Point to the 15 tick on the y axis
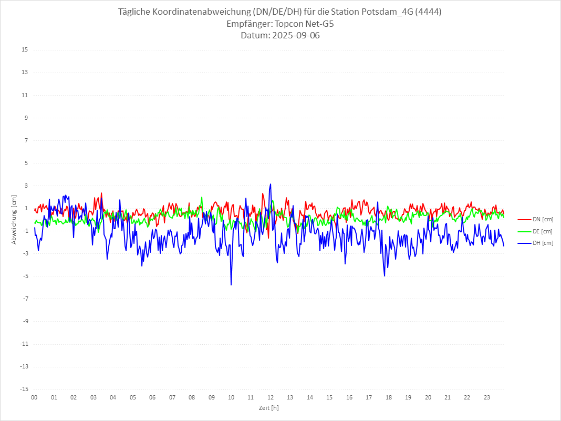pos(25,50)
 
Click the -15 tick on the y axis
pos(24,389)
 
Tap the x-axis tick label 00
pos(34,397)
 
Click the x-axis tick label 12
pos(271,397)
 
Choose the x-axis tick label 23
pos(487,397)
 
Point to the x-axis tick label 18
pos(389,397)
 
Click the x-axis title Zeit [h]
pos(268,407)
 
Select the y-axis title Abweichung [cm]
pos(14,219)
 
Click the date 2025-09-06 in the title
pos(294,36)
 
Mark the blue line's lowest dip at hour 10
pos(231,285)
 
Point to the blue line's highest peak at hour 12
pos(271,184)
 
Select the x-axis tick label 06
pos(152,397)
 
